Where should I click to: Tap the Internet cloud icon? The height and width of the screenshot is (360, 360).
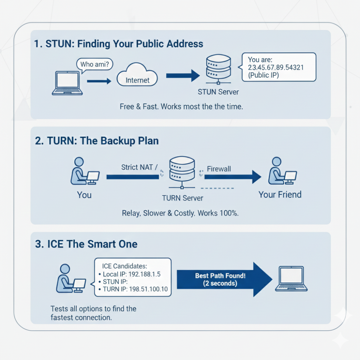(137, 76)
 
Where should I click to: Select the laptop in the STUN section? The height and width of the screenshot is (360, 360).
(67, 84)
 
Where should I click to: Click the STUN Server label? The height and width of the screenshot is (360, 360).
(218, 92)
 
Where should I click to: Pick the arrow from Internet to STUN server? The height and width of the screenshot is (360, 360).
(182, 76)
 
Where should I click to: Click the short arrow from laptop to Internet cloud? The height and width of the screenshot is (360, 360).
(99, 81)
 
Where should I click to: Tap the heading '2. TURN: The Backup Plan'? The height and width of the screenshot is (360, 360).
(97, 140)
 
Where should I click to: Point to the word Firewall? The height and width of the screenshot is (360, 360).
(219, 168)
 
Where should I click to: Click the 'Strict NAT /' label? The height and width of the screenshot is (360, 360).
(139, 167)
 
